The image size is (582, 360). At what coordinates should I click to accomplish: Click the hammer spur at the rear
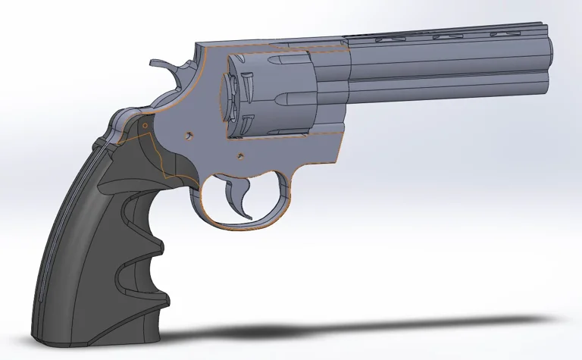[x=158, y=64]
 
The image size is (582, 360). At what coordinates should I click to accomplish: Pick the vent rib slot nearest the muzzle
[x=504, y=34]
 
